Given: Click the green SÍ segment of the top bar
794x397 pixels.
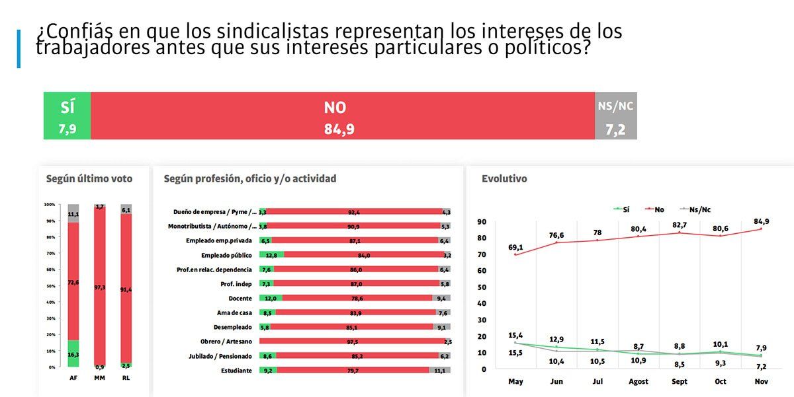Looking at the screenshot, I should point(67,116).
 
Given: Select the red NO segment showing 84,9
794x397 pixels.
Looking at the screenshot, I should point(342,116).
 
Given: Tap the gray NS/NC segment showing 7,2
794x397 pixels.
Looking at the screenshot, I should point(616,116).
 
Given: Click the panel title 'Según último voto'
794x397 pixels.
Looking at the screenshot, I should point(89,178).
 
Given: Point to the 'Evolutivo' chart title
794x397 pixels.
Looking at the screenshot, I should point(504,178).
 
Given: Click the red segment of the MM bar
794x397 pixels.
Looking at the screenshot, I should point(100,287).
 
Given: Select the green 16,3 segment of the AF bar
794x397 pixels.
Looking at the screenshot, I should point(73,353).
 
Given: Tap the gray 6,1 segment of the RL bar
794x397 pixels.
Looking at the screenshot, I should point(126,209).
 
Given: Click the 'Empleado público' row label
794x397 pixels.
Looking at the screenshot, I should point(226,255).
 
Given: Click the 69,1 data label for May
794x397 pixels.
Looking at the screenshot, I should point(515,248).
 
